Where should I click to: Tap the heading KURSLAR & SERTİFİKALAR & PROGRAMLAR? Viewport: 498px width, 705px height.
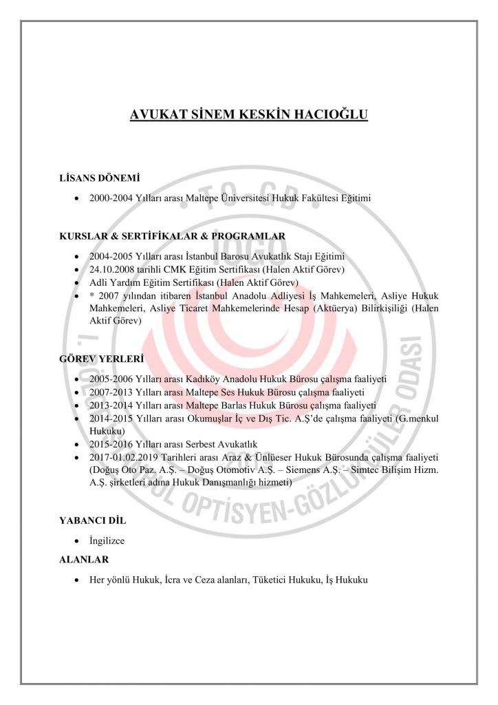173,236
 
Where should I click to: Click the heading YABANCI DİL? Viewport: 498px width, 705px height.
94,521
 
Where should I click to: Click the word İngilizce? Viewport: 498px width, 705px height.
107,540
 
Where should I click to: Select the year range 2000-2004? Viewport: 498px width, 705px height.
110,198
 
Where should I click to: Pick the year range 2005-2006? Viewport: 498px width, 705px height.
110,379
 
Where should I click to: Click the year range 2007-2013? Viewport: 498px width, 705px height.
110,392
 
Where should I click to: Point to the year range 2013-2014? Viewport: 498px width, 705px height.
110,405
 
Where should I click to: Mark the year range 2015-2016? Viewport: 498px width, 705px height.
110,444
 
